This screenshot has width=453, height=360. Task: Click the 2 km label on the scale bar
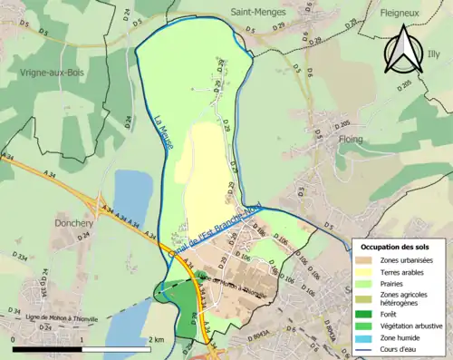158,339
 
